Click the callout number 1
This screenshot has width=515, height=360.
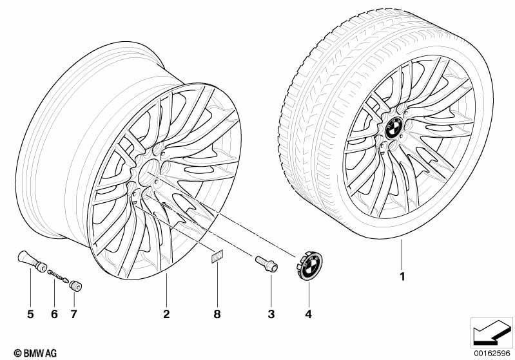click(402, 277)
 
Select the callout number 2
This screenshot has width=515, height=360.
click(166, 314)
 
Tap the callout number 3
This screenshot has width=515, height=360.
click(271, 314)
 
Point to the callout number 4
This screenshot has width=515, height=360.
click(308, 314)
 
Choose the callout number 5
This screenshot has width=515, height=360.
click(30, 314)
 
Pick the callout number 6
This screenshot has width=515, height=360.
click(54, 314)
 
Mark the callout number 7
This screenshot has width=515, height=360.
click(73, 314)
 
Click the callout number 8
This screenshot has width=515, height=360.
click(217, 314)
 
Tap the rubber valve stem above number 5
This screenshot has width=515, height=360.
click(32, 261)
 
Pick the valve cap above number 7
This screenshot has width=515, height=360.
click(75, 286)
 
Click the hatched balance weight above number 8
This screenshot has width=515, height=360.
click(217, 256)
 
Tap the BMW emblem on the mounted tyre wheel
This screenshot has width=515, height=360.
click(393, 128)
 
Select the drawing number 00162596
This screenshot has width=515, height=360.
click(492, 354)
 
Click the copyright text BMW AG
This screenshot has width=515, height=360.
click(35, 353)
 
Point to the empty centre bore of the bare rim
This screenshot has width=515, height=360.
click(148, 172)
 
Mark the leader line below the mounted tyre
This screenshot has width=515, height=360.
click(402, 255)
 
